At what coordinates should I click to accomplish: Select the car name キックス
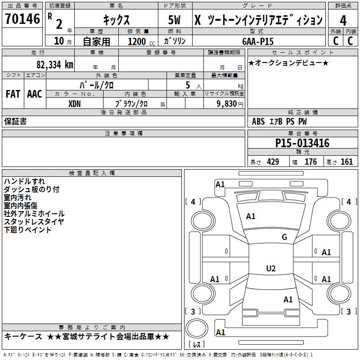116,20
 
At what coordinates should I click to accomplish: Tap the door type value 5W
174,20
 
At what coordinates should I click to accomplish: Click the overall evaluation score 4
343,20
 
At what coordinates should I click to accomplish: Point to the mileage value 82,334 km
55,65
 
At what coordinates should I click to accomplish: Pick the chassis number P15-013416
302,144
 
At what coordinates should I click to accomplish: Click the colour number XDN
75,103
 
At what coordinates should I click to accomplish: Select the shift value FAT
13,94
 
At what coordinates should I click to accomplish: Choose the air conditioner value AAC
34,94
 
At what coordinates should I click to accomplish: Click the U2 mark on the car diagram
270,269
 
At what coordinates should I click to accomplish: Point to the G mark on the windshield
284,237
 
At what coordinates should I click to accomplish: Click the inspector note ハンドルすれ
24,181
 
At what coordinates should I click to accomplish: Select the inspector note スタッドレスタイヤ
34,222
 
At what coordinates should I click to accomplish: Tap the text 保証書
15,121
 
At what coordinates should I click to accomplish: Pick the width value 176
310,162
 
